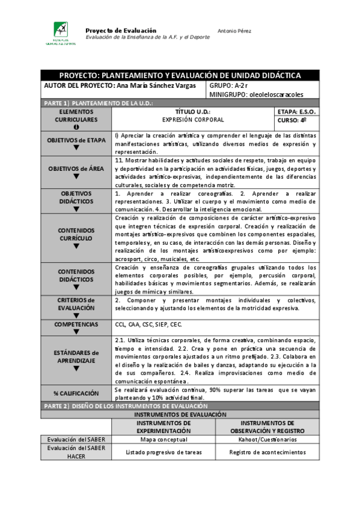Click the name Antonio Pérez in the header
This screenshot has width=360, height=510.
[x=234, y=31]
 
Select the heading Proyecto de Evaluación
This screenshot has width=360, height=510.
[x=121, y=30]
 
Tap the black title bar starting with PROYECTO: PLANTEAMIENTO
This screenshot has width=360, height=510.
[x=180, y=75]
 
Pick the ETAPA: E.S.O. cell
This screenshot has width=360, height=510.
[x=297, y=112]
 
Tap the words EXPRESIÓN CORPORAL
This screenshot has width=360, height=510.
[x=193, y=120]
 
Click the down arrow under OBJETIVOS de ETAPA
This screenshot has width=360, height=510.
[x=76, y=148]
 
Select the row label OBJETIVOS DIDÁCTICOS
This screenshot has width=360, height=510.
[x=76, y=198]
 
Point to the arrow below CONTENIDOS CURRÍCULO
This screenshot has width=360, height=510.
[x=76, y=246]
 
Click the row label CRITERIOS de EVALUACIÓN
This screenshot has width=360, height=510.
[x=76, y=304]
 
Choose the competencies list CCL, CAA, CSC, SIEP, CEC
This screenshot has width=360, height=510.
[x=148, y=324]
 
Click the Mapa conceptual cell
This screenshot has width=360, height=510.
[x=163, y=440]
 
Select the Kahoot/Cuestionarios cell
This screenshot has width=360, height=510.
[x=262, y=440]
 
